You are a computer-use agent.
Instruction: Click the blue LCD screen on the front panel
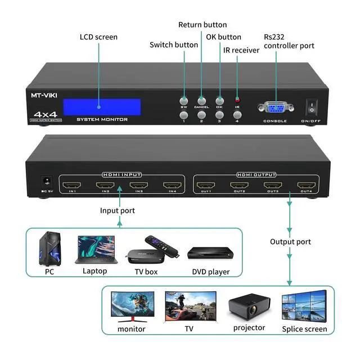102,107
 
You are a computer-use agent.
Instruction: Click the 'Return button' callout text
202,25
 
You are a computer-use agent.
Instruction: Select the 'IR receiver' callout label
241,50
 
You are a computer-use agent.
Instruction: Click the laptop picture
94,250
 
